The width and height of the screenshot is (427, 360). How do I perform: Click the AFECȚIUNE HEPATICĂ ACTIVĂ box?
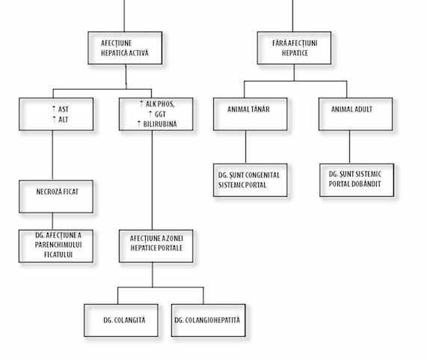point(125,48)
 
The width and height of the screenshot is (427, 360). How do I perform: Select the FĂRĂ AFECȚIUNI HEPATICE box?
point(294,48)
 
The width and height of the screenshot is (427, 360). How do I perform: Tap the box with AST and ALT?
point(56,114)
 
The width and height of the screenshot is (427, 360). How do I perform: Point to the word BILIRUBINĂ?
point(160,124)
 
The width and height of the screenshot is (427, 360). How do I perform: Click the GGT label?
point(160,114)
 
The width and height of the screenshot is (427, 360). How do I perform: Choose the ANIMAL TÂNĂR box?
point(251,114)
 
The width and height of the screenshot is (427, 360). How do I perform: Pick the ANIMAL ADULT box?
point(356,114)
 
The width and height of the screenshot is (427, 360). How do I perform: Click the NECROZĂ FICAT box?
point(56,197)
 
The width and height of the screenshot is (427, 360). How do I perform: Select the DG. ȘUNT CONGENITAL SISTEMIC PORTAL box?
point(251,180)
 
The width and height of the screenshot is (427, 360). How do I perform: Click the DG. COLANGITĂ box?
point(121,320)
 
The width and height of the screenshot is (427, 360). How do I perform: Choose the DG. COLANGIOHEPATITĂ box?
point(209,320)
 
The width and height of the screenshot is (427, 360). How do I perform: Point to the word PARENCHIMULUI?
point(58,245)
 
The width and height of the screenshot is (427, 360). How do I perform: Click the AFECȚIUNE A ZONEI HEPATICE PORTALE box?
point(156,245)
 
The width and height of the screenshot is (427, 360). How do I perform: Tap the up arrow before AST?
point(54,109)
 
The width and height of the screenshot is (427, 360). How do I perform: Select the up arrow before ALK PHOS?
point(141,103)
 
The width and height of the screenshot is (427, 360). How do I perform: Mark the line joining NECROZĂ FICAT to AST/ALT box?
point(52,156)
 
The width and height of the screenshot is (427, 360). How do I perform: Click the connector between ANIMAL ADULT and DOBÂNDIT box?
point(350,147)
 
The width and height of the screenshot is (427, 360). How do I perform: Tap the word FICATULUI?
point(58,254)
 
